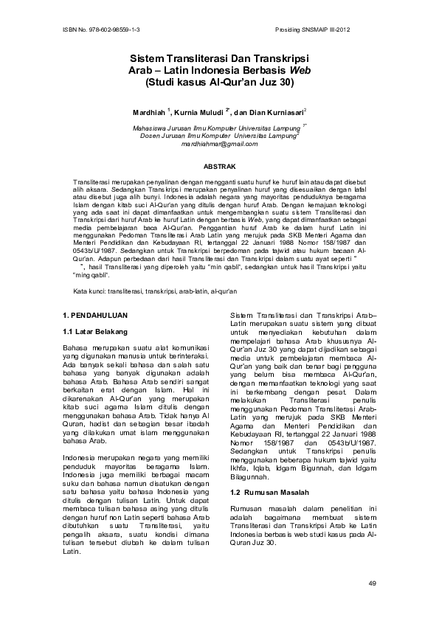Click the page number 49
(x=371, y=584)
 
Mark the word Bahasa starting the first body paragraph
(x=77, y=347)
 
